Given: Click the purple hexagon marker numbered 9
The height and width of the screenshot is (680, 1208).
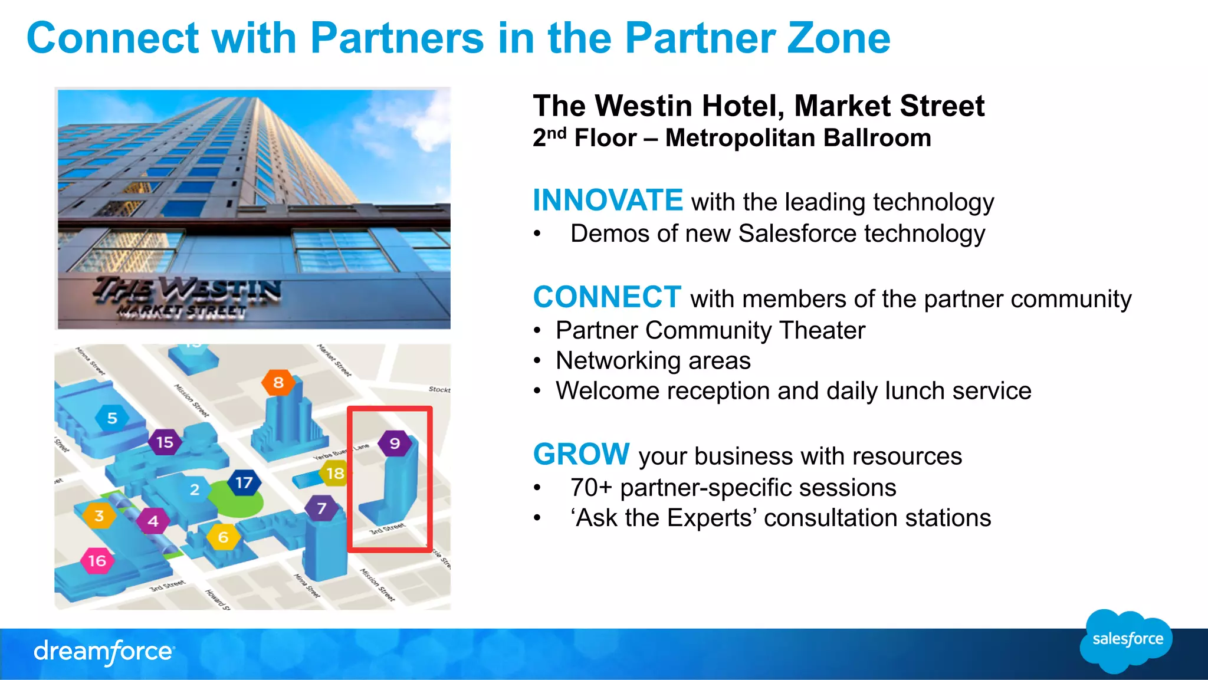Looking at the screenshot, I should [395, 443].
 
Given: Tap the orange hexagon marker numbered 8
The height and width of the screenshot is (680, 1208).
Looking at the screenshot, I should [278, 382].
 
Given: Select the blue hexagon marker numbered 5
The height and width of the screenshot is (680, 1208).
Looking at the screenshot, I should [112, 418].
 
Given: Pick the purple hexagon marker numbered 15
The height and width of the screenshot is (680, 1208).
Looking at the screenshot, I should [165, 442].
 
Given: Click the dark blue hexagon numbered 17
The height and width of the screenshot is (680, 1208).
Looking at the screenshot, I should [244, 482].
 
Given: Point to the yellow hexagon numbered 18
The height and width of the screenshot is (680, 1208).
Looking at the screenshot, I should [335, 473].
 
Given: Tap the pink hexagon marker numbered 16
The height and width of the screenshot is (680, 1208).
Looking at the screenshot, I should [97, 560].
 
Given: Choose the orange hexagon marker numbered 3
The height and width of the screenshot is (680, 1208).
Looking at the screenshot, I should [99, 515].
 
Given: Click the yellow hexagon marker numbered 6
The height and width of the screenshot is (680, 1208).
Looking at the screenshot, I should [224, 537].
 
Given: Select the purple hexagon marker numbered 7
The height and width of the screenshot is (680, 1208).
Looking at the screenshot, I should [321, 508].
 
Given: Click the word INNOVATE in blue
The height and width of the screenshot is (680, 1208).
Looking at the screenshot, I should [608, 200].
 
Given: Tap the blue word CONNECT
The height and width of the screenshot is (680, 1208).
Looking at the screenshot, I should [607, 297].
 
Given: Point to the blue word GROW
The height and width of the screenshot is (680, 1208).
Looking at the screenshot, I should [581, 454].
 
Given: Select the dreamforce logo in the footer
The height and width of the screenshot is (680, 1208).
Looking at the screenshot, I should [104, 651].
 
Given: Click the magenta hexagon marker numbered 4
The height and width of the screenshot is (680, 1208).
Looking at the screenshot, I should [153, 521].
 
